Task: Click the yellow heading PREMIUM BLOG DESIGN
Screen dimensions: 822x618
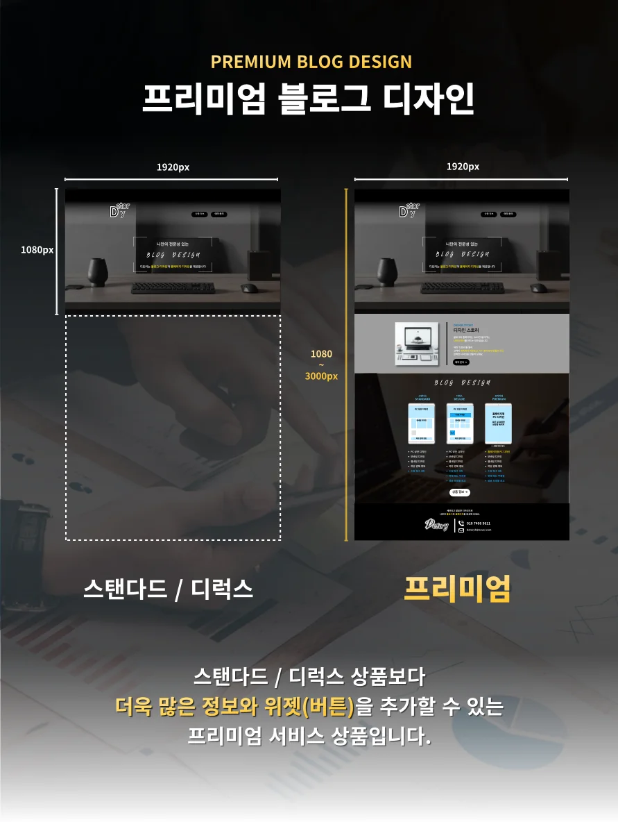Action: tap(311, 62)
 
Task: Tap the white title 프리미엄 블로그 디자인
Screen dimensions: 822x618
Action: tap(309, 99)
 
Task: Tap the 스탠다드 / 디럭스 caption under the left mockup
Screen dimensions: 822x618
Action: tap(168, 589)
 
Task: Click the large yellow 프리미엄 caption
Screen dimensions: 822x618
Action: tap(457, 589)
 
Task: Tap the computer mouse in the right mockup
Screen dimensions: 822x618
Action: tap(538, 287)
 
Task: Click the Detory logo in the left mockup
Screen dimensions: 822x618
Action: tap(119, 210)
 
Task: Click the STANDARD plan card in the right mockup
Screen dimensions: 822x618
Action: tap(422, 423)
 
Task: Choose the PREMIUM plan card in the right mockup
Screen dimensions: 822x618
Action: tap(498, 423)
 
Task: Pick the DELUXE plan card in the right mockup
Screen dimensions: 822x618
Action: tap(459, 423)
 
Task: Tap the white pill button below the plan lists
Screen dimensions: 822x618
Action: tap(459, 492)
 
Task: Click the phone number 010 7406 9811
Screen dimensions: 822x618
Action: tap(479, 523)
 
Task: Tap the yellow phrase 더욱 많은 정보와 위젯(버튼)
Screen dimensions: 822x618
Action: tap(234, 707)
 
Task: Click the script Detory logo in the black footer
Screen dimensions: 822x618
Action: tap(437, 525)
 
